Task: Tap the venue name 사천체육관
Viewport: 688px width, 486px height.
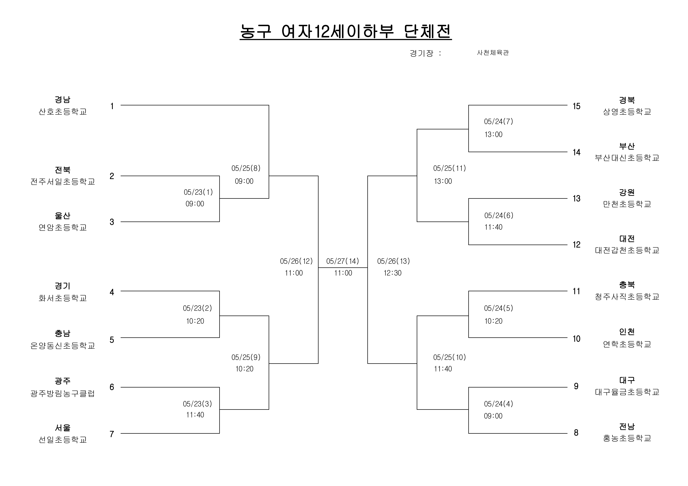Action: click(493, 53)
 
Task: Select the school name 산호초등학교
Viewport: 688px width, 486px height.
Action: click(63, 112)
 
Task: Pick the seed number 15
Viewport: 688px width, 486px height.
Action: click(577, 106)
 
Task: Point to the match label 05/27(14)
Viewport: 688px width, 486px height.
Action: click(342, 261)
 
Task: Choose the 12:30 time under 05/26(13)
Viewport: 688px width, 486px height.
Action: click(393, 273)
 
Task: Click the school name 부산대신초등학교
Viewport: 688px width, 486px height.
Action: click(627, 158)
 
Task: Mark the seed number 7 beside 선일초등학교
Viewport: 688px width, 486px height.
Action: click(112, 434)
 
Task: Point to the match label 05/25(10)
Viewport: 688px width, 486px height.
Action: click(449, 357)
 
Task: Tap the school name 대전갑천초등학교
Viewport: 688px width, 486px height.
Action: click(627, 250)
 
